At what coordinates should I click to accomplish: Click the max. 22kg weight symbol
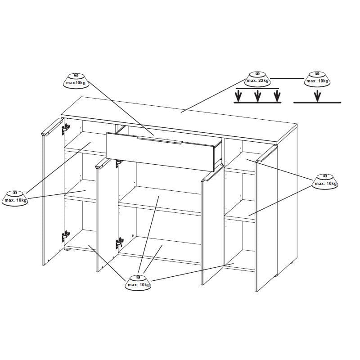point(257,79)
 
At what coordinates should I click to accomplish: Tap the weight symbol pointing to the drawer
point(76,81)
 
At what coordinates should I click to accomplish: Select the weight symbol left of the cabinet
point(15,198)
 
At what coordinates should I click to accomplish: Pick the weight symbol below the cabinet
point(138,283)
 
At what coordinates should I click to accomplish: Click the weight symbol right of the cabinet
point(325,182)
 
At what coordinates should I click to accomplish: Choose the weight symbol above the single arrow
point(317,79)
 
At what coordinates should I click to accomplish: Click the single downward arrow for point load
point(317,96)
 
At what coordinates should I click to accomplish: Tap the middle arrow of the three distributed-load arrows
point(258,96)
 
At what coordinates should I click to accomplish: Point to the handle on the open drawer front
point(159,140)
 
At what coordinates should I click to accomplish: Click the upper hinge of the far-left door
point(66,129)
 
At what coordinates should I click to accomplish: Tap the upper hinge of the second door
point(119,163)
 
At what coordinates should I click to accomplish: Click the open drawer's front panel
point(160,152)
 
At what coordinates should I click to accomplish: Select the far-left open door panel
point(52,192)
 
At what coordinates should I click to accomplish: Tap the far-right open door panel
point(266,219)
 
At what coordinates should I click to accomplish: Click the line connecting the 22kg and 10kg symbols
point(287,78)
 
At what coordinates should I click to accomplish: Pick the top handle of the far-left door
point(52,126)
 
